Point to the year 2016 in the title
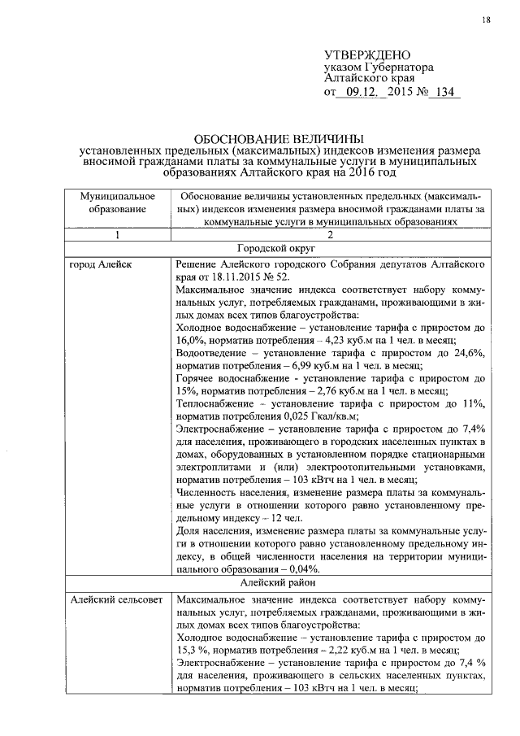coord(358,172)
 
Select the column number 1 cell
coord(118,235)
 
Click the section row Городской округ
coord(278,250)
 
